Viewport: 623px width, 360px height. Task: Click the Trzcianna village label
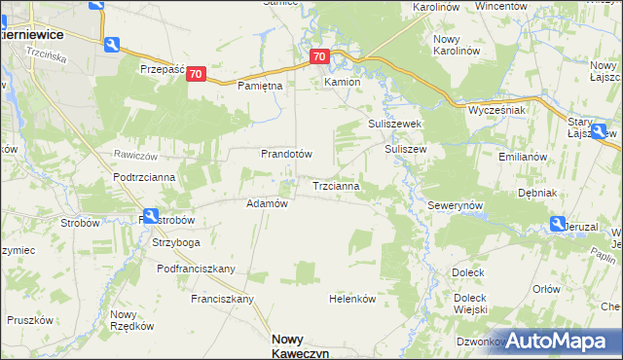pyautogui.click(x=337, y=185)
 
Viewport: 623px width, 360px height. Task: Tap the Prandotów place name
pyautogui.click(x=285, y=154)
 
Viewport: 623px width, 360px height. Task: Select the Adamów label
pyautogui.click(x=267, y=203)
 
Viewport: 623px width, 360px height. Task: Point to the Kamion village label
pyautogui.click(x=343, y=83)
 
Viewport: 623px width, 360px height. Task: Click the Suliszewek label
pyautogui.click(x=393, y=125)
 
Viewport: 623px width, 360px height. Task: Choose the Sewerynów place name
pyautogui.click(x=456, y=207)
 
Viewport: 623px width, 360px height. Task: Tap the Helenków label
pyautogui.click(x=352, y=299)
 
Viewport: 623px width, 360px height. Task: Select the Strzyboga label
pyautogui.click(x=176, y=242)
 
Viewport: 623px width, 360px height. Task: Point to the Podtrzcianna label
pyautogui.click(x=144, y=176)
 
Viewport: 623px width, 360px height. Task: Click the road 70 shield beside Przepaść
pyautogui.click(x=197, y=74)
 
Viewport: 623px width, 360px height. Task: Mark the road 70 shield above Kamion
pyautogui.click(x=320, y=57)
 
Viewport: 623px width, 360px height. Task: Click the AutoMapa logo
pyautogui.click(x=556, y=341)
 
